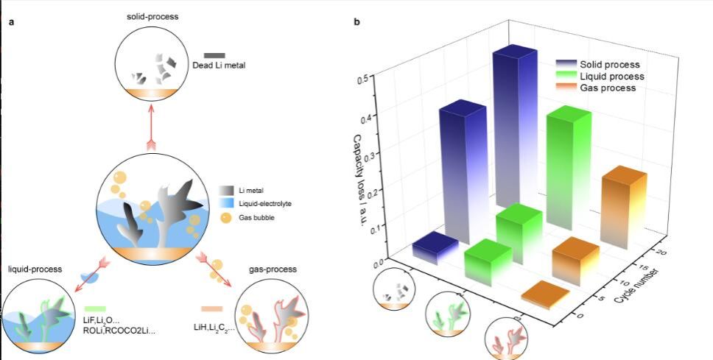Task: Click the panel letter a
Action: pos(11,22)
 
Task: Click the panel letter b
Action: pos(357,22)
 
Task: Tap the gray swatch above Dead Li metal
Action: pos(214,55)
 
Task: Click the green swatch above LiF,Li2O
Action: pos(96,308)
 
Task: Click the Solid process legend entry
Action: pos(609,65)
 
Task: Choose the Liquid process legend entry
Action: pos(611,77)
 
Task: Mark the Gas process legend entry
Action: pos(608,88)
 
